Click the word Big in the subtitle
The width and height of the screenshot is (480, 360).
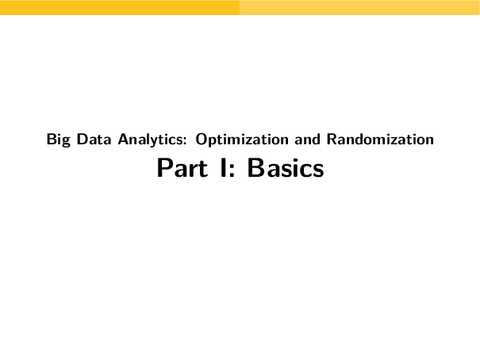tap(57, 140)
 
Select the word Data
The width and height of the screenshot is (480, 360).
tap(88, 140)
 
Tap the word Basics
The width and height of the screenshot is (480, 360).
tap(286, 169)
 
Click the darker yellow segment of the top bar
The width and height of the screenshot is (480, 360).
tap(119, 7)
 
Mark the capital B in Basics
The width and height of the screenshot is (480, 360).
tap(255, 169)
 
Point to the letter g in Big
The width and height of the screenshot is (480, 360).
tap(65, 142)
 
